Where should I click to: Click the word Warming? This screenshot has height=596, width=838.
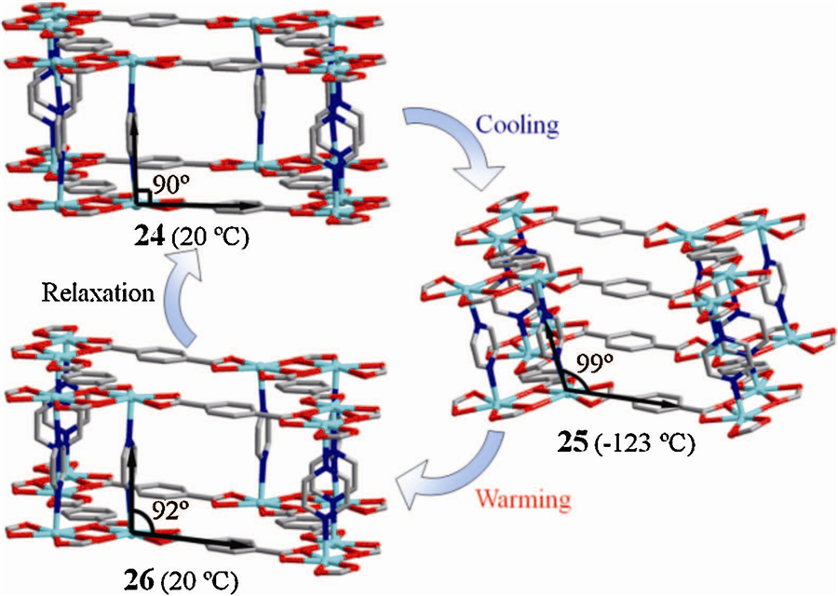523,499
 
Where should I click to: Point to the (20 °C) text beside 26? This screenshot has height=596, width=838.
198,581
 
